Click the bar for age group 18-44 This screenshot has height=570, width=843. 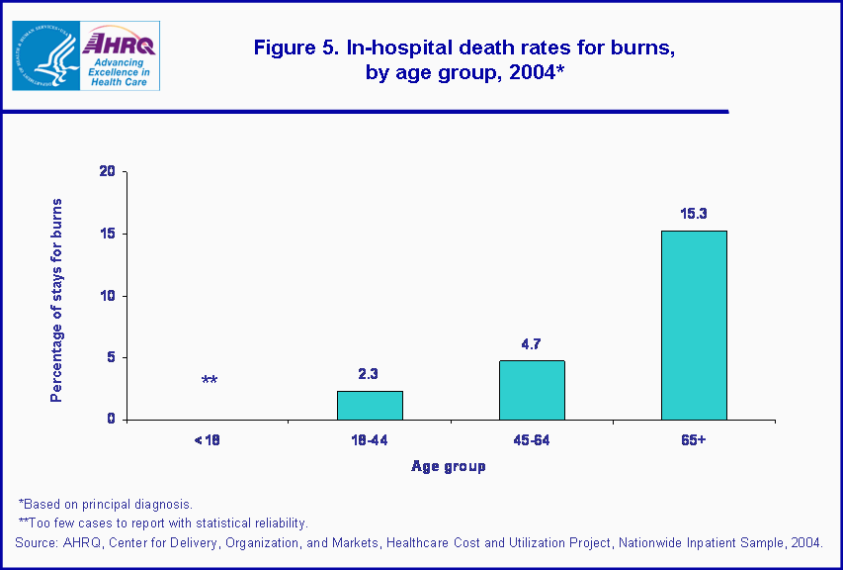pyautogui.click(x=370, y=405)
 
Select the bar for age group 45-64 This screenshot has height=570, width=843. pyautogui.click(x=532, y=390)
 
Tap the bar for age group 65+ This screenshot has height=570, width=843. pyautogui.click(x=694, y=325)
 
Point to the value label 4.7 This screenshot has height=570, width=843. pyautogui.click(x=532, y=344)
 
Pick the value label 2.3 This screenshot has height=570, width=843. pyautogui.click(x=370, y=374)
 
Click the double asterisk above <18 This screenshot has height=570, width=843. pyautogui.click(x=210, y=381)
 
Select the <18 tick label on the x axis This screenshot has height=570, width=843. pyautogui.click(x=207, y=438)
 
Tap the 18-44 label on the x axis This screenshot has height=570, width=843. pyautogui.click(x=369, y=438)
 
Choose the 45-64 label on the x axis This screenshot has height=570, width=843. pyautogui.click(x=531, y=438)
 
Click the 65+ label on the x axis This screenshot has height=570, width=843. pyautogui.click(x=693, y=438)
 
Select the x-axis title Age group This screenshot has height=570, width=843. pyautogui.click(x=449, y=466)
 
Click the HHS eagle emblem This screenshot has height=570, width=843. pyautogui.click(x=43, y=55)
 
